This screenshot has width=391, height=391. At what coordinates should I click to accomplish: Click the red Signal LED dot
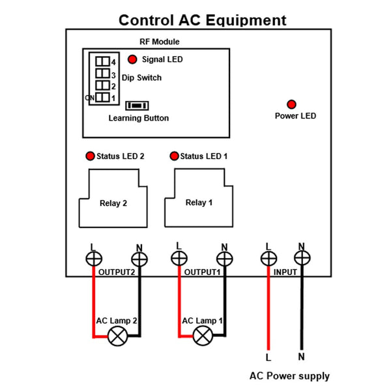point(132,59)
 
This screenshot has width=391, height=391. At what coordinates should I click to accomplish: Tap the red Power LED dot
point(291,104)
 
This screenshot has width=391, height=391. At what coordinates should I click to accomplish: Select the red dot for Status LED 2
point(89,156)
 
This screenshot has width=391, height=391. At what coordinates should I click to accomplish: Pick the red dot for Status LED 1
point(174,156)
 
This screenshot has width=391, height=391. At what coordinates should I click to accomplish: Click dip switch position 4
point(103,61)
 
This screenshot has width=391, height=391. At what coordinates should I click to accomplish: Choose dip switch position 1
point(103,98)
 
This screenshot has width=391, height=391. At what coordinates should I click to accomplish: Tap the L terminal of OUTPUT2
point(93,259)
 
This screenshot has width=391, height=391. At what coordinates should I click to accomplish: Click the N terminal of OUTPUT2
point(139,259)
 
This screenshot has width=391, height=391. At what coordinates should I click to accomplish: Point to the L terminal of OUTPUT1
point(179,259)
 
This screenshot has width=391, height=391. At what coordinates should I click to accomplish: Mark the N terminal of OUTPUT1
point(224,259)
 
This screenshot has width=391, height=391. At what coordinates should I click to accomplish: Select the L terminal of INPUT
point(268,259)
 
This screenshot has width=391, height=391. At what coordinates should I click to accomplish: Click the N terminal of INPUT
point(302,259)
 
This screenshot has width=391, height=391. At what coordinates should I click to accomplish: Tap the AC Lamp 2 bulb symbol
point(118,336)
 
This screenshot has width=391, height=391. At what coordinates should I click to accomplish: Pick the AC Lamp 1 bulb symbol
point(203,336)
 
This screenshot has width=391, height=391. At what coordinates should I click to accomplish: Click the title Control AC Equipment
point(202,20)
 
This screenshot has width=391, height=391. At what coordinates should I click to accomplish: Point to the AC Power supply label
point(289,376)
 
